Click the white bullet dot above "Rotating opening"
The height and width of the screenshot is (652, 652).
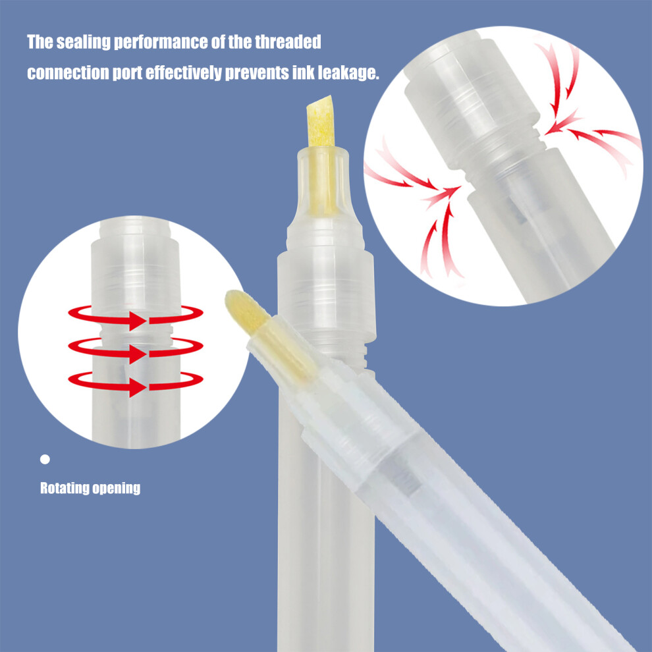click(x=45, y=460)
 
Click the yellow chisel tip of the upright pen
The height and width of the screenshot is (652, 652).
click(x=321, y=121)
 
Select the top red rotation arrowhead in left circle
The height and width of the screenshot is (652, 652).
click(x=137, y=321)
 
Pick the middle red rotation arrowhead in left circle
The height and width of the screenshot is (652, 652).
click(x=137, y=354)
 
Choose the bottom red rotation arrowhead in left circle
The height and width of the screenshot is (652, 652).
click(x=137, y=387)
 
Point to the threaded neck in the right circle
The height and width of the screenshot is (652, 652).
click(x=504, y=160)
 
